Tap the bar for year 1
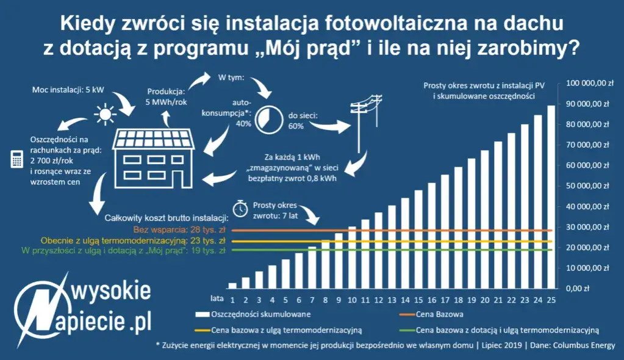pyautogui.click(x=232, y=285)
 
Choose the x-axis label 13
pyautogui.click(x=392, y=300)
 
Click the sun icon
pyautogui.click(x=105, y=113)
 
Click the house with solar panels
pyautogui.click(x=155, y=156)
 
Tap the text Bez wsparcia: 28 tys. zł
pyautogui.click(x=181, y=230)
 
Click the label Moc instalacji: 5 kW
pyautogui.click(x=68, y=90)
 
